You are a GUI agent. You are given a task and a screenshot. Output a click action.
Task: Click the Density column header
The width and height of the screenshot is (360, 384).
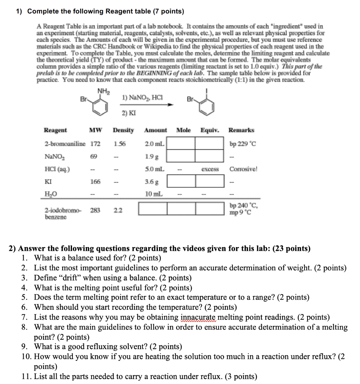pos(123,130)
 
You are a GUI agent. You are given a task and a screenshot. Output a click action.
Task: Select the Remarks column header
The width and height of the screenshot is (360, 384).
pos(241,130)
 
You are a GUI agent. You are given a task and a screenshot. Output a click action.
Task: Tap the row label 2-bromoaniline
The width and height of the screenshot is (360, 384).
pos(64,144)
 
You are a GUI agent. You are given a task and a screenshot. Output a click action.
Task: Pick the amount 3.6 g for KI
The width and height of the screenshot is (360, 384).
pos(151,182)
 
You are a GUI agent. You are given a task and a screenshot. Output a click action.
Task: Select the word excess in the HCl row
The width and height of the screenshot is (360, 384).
pos(210,169)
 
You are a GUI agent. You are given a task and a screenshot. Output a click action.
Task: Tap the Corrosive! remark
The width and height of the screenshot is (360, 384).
pos(243,169)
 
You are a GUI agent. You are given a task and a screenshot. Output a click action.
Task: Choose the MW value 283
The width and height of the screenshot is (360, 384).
pos(95,210)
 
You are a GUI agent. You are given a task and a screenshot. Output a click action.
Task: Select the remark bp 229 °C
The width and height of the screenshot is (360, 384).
pos(243,144)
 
